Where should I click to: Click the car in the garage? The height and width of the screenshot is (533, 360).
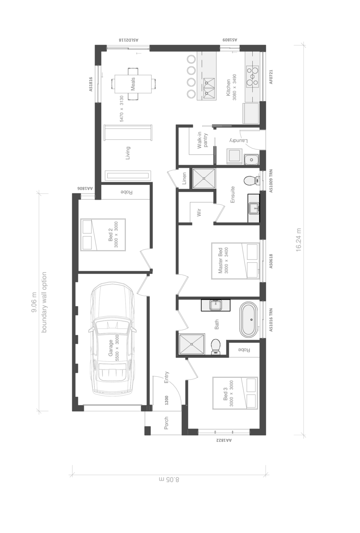112,340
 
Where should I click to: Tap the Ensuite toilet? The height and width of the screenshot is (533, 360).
252,180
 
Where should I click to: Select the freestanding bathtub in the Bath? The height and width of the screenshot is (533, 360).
248,319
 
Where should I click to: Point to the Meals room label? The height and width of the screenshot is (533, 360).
133,84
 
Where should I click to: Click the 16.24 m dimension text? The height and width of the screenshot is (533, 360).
298,240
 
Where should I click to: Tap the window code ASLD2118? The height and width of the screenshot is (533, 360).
129,40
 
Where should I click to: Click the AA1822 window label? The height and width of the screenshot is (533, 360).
224,440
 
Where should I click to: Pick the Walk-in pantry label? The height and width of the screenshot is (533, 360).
202,140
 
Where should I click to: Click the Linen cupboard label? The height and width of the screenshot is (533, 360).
184,178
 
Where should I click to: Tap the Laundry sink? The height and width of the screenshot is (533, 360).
252,159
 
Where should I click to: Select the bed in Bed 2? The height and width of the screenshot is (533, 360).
103,235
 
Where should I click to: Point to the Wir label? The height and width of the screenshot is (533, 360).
199,212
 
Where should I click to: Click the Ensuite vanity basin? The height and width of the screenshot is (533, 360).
254,208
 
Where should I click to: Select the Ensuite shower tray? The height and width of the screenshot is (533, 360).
204,178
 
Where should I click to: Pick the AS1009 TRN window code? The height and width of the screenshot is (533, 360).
271,181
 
